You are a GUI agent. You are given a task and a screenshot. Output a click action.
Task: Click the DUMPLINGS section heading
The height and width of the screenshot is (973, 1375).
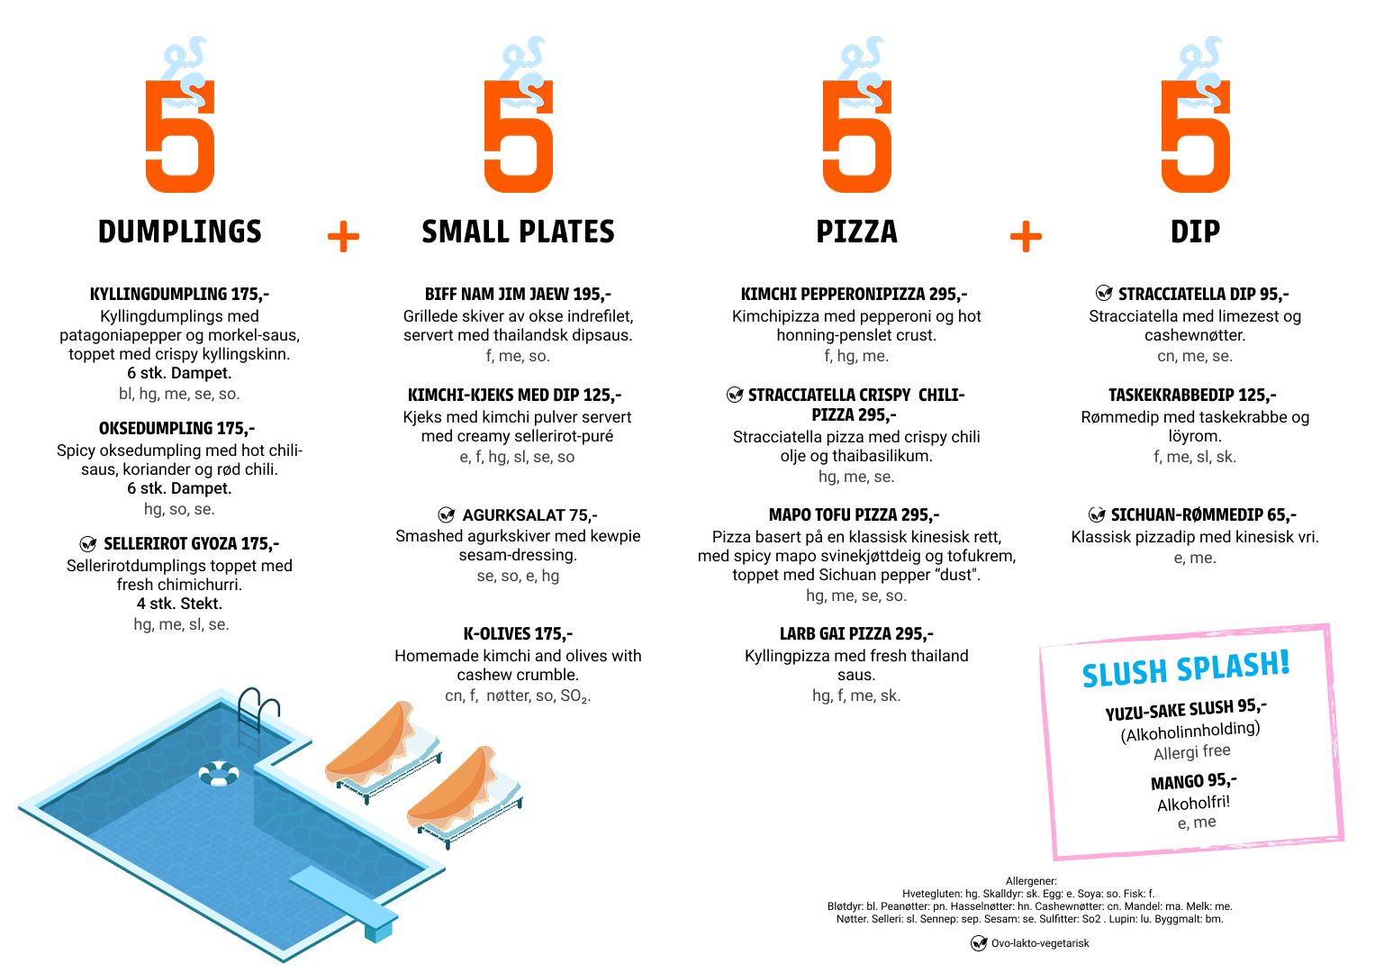pos(180,232)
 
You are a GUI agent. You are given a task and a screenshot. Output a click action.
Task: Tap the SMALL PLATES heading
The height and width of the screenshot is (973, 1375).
pos(518,232)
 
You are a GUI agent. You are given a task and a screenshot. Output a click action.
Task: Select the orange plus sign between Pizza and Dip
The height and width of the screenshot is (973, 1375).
pos(1026,236)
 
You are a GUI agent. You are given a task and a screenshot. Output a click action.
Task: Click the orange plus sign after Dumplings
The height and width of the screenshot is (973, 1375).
pos(343,236)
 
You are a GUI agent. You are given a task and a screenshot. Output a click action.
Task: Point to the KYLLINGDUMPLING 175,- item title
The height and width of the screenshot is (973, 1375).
pos(179,295)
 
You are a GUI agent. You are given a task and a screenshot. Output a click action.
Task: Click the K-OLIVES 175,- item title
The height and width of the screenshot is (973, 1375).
pos(518,634)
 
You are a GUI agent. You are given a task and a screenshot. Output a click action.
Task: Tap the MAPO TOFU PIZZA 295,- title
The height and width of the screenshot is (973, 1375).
pos(854,514)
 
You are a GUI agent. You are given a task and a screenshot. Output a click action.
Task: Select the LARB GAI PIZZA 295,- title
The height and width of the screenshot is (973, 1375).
pos(856,634)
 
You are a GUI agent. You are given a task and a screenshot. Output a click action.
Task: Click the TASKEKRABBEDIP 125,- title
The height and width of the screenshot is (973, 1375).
pos(1192,395)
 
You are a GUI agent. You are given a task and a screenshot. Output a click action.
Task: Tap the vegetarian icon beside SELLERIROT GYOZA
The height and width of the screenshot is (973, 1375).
pos(88,543)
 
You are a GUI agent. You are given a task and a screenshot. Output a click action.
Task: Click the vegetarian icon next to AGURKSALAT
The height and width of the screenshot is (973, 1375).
pos(447,514)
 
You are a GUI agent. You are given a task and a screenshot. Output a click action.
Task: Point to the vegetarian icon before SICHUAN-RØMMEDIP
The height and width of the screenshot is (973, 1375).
pos(1097,514)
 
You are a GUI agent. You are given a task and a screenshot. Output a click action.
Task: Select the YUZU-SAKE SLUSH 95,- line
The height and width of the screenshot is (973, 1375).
pos(1186,710)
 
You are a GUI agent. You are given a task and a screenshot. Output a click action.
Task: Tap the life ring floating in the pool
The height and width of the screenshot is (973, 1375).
pos(219,773)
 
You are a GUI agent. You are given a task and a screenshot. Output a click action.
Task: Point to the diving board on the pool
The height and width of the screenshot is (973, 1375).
pos(344,903)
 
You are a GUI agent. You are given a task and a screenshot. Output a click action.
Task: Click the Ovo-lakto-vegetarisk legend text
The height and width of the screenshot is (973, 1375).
pos(1040,943)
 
